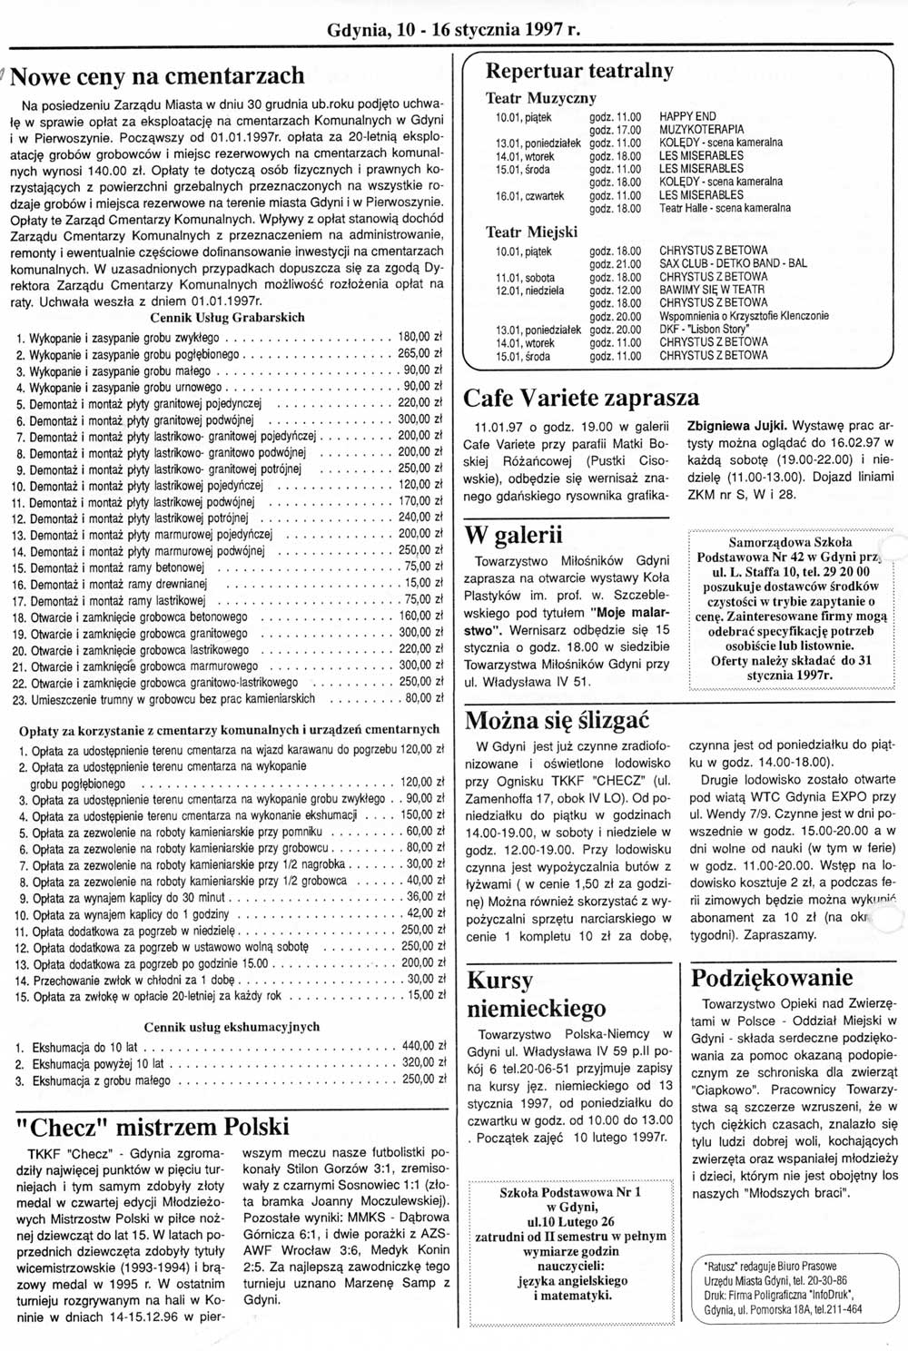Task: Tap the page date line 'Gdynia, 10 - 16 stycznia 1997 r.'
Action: coord(453,30)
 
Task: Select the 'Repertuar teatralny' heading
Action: coord(579,70)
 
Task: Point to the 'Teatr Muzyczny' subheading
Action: coord(541,97)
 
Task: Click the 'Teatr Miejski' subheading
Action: coord(532,232)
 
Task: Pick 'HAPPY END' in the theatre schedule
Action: coord(687,116)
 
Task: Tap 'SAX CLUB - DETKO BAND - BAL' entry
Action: coord(733,263)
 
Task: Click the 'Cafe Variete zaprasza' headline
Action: coord(581,398)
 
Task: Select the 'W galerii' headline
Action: coord(513,533)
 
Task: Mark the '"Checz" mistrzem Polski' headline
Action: coord(153,1127)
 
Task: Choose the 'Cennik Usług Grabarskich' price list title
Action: coord(227,317)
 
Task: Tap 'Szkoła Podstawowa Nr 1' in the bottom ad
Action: coord(570,1192)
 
